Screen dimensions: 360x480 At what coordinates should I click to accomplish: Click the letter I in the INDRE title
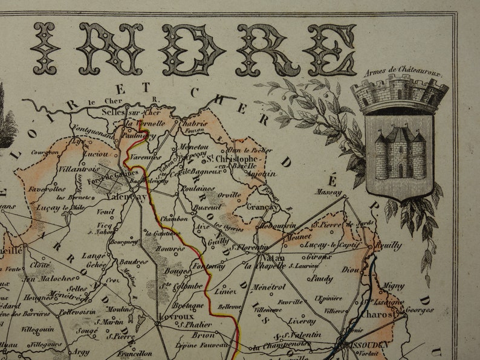(46, 49)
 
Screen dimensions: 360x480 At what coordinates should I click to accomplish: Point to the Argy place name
(82, 351)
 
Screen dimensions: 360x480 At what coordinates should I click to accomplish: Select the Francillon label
(134, 353)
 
